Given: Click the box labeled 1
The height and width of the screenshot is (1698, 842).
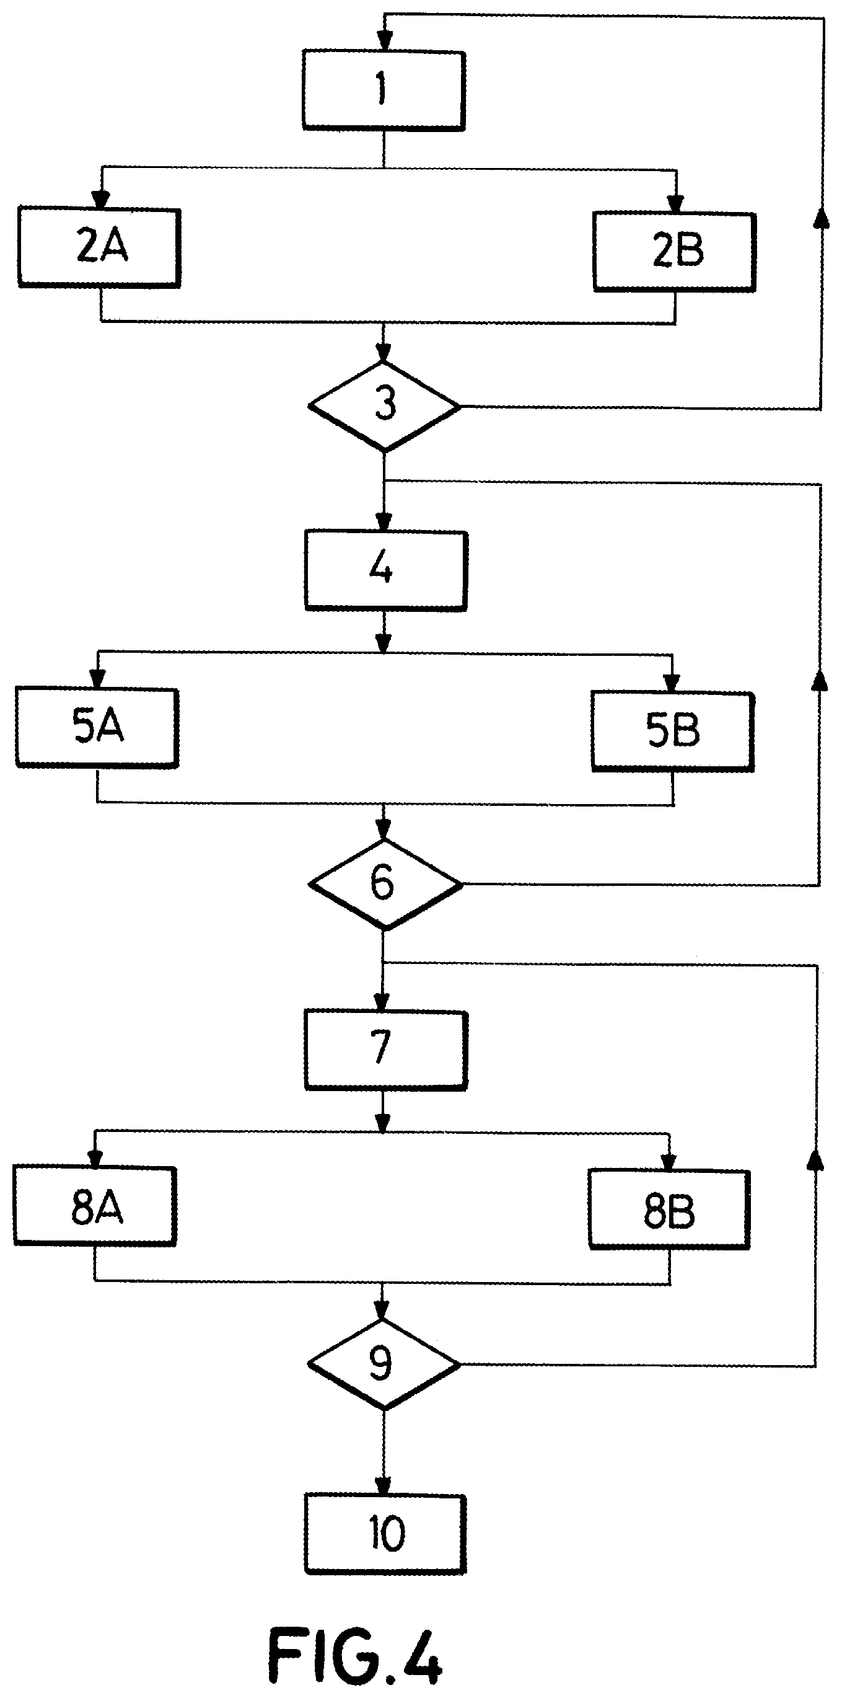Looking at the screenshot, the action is (x=384, y=91).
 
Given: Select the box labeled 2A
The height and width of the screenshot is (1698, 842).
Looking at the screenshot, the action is (x=99, y=248).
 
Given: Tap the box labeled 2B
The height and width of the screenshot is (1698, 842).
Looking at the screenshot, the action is (x=674, y=251).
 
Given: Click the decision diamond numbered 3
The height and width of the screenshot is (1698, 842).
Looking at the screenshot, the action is (x=384, y=405).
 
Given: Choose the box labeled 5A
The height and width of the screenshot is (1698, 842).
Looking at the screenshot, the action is (x=97, y=728).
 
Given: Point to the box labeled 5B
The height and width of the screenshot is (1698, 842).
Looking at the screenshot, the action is (x=672, y=732).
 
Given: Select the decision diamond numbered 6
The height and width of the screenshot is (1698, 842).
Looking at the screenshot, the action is (x=385, y=884).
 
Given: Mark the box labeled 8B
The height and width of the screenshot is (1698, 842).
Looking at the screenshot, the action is (x=669, y=1210).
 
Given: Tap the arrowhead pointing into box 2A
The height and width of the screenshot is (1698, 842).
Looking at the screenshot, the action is (x=100, y=199).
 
